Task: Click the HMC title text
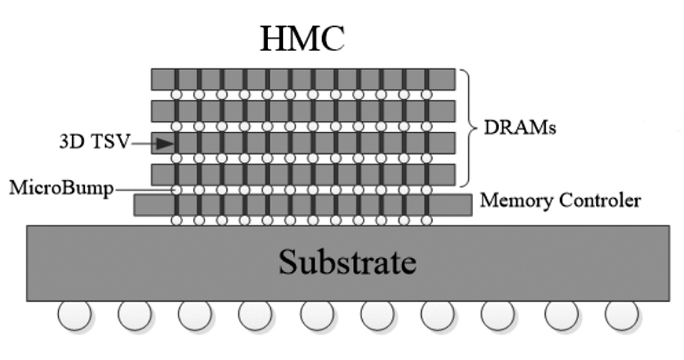click(302, 40)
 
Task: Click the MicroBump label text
click(61, 189)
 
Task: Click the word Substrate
click(347, 262)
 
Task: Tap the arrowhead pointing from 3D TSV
click(165, 143)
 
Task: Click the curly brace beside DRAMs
click(468, 128)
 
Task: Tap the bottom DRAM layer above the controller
click(302, 174)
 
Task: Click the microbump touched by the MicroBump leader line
click(176, 189)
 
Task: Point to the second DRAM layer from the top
click(302, 111)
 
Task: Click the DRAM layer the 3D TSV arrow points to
click(302, 143)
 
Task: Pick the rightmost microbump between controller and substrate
click(426, 220)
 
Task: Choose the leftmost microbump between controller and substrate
click(176, 220)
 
